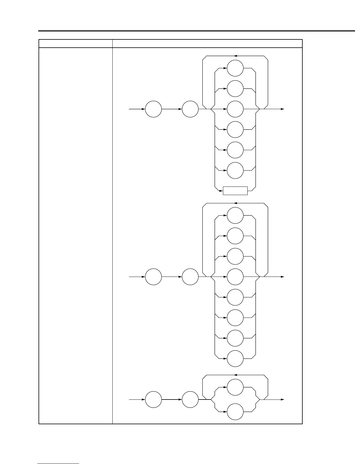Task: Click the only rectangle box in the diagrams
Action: pos(235,191)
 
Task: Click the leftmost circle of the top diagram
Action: pos(154,109)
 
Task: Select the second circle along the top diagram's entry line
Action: pos(190,109)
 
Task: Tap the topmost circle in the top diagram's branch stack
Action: pos(235,68)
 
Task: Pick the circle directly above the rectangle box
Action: pos(235,170)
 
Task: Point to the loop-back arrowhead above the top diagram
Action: pos(235,56)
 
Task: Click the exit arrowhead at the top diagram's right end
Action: pos(283,109)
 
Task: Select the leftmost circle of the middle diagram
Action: pos(154,277)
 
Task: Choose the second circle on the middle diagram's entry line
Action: pos(190,277)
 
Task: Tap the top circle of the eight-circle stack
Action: pos(235,216)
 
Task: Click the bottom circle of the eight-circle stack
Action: pos(235,359)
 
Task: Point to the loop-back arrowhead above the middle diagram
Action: pos(235,203)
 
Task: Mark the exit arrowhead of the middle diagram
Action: pos(283,277)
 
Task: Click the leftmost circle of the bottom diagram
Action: pos(154,400)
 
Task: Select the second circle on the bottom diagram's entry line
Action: pos(190,400)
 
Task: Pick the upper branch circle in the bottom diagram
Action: pos(235,387)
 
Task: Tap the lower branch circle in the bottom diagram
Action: pos(235,412)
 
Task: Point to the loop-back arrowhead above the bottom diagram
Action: pos(235,375)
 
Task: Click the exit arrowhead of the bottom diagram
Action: pos(283,400)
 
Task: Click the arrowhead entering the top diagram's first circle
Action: pos(144,109)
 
